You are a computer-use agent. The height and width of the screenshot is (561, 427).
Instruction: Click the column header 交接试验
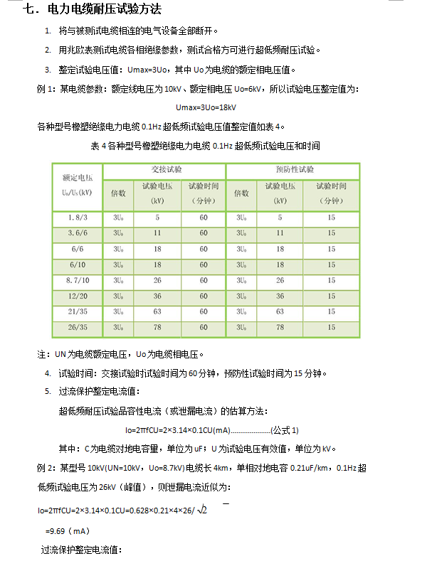(x=164, y=171)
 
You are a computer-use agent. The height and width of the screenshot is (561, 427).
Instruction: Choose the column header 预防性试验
(x=294, y=171)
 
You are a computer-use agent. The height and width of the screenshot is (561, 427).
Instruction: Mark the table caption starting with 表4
(x=206, y=146)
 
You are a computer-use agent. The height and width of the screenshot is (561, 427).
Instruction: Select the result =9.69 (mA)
(x=66, y=530)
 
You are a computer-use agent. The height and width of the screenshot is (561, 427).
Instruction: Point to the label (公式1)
(x=285, y=430)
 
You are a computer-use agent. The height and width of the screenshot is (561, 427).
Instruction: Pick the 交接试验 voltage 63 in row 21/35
(x=157, y=311)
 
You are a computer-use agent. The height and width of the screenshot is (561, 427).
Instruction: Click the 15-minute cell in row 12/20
(x=332, y=296)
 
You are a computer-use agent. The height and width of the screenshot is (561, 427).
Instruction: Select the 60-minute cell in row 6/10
(x=204, y=264)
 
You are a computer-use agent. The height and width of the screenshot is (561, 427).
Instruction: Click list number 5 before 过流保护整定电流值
(x=48, y=392)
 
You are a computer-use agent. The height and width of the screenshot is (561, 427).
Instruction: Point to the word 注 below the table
(x=41, y=353)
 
